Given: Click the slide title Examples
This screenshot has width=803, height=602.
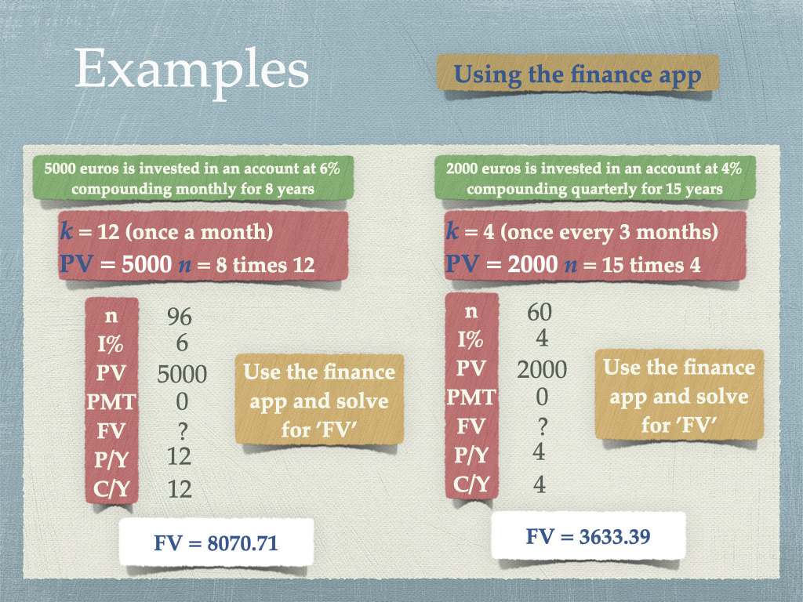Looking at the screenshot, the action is coord(192,71).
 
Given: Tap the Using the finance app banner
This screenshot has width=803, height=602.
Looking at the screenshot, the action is coord(578,74).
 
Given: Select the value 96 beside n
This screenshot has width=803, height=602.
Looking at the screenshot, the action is coord(180,317).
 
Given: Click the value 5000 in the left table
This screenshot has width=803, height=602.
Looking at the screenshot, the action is coord(182,374).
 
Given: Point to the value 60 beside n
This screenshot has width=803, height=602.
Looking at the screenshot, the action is coord(540,312).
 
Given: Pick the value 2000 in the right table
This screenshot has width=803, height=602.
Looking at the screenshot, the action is coord(542,370).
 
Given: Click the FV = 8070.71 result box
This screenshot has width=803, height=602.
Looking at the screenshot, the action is coord(216,542).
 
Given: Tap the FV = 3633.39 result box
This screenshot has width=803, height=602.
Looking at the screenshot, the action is coord(588,536).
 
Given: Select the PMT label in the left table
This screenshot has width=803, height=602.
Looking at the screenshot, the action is coord(111,402).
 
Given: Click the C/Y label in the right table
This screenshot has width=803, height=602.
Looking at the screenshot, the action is coord(471,484).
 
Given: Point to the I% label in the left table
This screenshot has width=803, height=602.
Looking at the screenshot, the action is coord(111,344).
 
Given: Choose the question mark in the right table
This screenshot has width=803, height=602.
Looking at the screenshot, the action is coord(543,426).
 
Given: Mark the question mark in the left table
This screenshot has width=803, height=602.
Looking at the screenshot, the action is coord(182,432).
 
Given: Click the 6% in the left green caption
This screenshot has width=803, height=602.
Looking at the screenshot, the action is coord(330,168).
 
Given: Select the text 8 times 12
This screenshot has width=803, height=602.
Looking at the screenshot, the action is coord(265,265).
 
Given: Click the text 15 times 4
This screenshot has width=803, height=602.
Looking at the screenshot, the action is coord(651,265).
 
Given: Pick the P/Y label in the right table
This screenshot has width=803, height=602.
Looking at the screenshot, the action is coord(471,455).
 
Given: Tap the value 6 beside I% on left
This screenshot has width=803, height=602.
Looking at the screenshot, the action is coord(182,343).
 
